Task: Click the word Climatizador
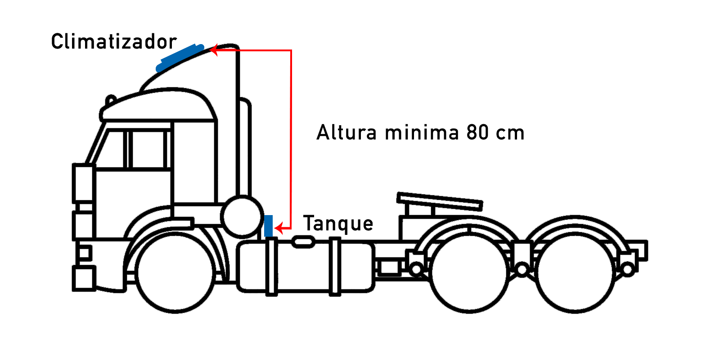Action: [x=114, y=41]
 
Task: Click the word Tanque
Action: [x=338, y=223]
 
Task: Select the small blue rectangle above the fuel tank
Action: [x=268, y=226]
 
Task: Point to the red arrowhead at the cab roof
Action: [x=214, y=50]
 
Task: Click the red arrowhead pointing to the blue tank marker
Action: [x=279, y=228]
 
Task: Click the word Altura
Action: [x=346, y=132]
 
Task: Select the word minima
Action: [x=422, y=132]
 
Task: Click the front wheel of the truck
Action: [x=175, y=273]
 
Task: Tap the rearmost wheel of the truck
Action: [x=575, y=273]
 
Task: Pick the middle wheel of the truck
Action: [x=469, y=273]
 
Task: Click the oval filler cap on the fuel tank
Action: [x=303, y=242]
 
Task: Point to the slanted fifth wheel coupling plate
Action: [x=440, y=202]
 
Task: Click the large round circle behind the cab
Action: [x=242, y=216]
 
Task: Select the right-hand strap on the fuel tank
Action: [x=335, y=266]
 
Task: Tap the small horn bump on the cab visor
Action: [x=111, y=100]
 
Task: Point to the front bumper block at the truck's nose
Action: [x=84, y=279]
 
